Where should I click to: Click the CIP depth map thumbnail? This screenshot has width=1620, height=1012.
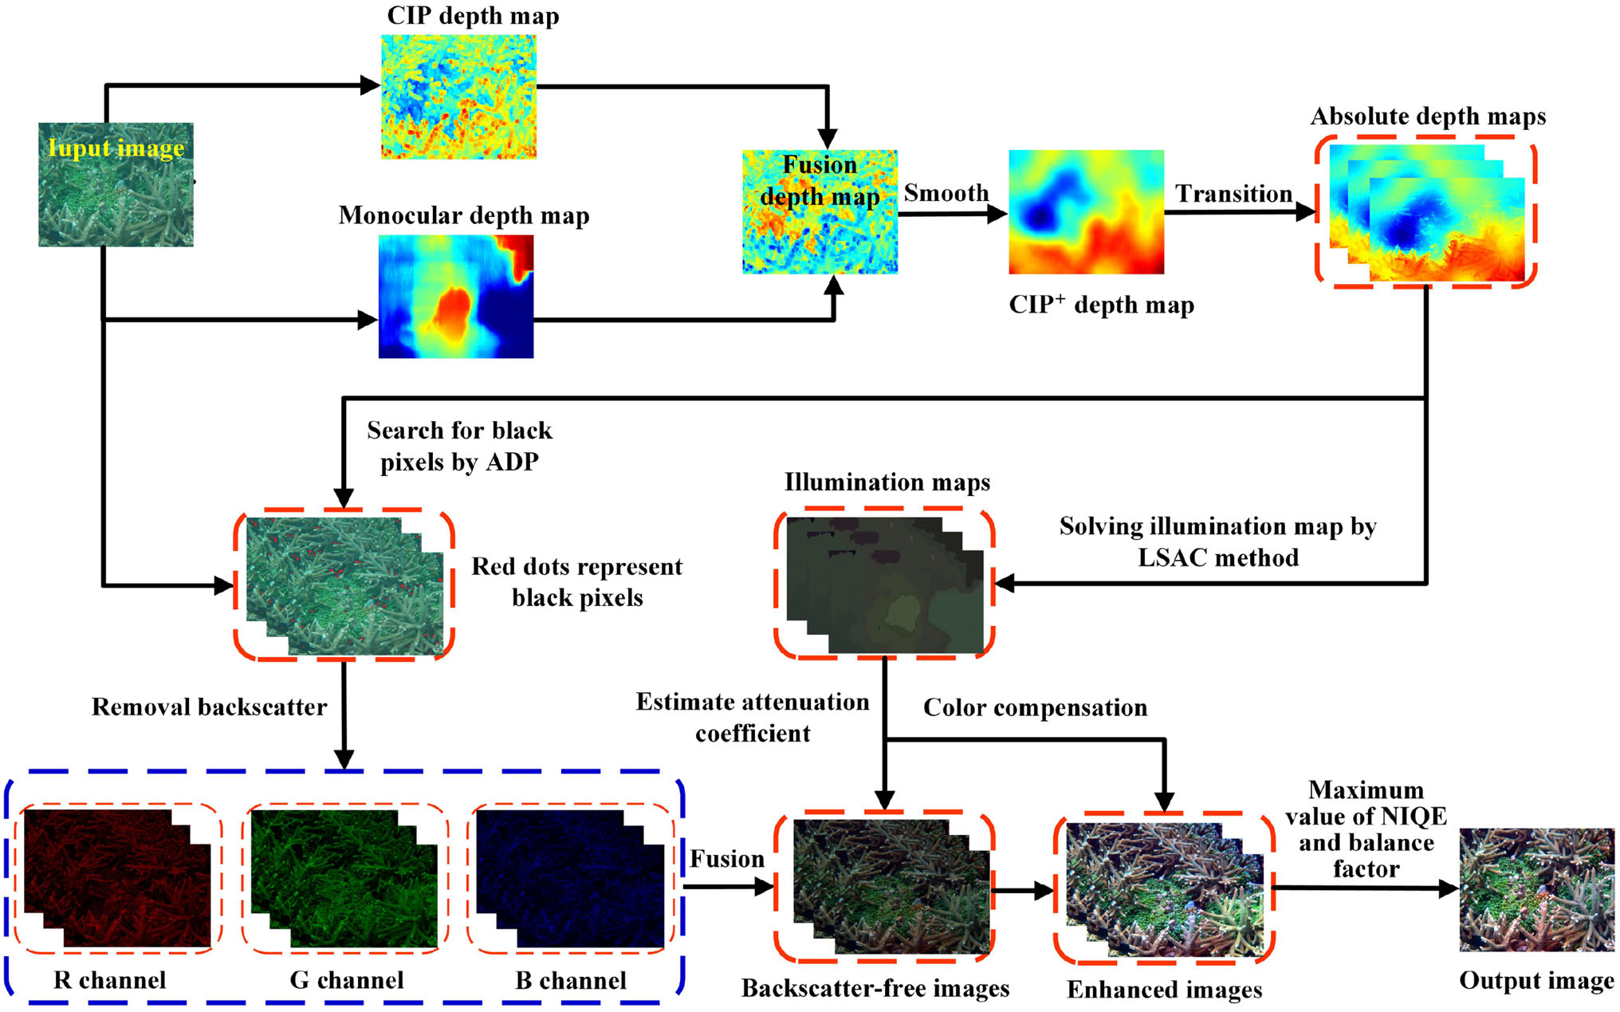tap(458, 96)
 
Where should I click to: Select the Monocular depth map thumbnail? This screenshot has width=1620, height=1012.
tap(456, 297)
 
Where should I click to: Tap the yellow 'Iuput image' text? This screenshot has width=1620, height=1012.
tap(116, 148)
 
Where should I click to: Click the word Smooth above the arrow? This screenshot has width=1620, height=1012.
tap(946, 193)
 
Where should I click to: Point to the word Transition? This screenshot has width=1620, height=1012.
tap(1233, 194)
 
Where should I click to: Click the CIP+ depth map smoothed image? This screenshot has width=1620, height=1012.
tap(1086, 212)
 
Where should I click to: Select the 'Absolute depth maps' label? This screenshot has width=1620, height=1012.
tap(1428, 117)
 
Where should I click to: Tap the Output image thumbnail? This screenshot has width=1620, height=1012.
tap(1536, 889)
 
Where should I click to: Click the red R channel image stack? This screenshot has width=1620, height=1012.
tap(117, 878)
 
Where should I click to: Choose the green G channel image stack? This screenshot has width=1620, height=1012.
tap(344, 878)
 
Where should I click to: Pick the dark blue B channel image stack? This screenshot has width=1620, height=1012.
tap(570, 878)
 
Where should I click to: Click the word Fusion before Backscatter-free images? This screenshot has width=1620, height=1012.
tap(726, 859)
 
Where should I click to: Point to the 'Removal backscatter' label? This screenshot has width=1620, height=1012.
tap(209, 707)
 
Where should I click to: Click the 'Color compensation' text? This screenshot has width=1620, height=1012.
tap(1035, 708)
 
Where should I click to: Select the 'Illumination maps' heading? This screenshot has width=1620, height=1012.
tap(887, 482)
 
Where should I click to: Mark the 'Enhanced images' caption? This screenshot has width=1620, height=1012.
tap(1165, 990)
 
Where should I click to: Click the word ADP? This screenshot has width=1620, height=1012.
tap(512, 462)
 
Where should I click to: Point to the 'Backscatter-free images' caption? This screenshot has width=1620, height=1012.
tap(875, 989)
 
